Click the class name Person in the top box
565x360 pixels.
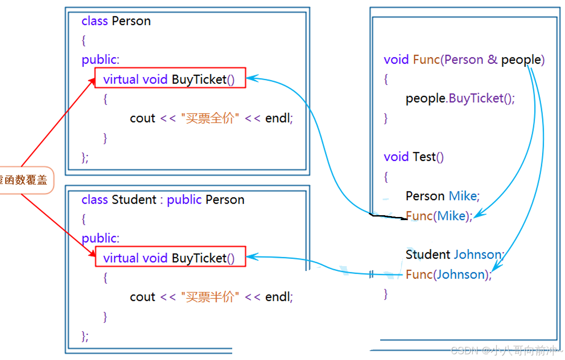click(x=131, y=21)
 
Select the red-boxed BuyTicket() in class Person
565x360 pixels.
click(x=170, y=79)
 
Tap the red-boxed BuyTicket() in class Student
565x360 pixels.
click(x=170, y=258)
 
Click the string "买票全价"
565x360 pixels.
click(x=210, y=118)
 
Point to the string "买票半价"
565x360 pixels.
click(x=210, y=297)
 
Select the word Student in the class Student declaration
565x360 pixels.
click(x=134, y=200)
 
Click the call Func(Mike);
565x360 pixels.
click(x=439, y=216)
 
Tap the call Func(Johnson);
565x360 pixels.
click(x=448, y=275)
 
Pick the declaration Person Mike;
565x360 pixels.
click(x=442, y=196)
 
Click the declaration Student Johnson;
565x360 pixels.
click(x=454, y=255)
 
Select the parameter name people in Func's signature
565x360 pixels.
click(x=521, y=60)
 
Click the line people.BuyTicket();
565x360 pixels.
click(x=460, y=98)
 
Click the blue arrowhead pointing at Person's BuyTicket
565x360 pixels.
click(x=251, y=78)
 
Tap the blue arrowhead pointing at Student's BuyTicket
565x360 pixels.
click(x=251, y=256)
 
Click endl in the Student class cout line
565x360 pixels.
click(x=279, y=297)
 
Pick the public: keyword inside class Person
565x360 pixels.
click(x=101, y=60)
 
